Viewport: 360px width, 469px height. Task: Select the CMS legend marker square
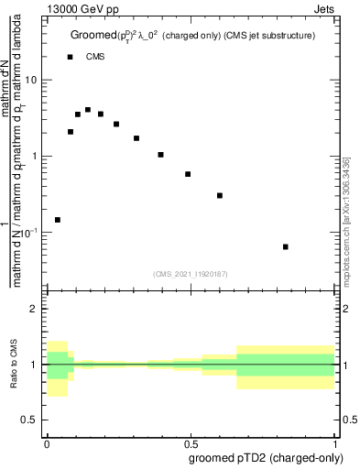[x=70, y=57]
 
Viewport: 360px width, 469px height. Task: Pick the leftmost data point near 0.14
[x=58, y=220]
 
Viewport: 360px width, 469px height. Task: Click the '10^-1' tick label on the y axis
[x=30, y=232]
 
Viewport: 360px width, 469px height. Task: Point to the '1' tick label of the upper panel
[x=37, y=156]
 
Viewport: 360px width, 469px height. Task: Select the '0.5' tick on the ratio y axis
[x=32, y=420]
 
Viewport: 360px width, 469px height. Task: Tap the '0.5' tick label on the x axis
[x=191, y=443]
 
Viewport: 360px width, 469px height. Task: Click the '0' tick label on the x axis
[x=47, y=443]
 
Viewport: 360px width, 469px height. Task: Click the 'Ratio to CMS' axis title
[x=14, y=365]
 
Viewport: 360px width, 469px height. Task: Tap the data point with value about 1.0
[x=160, y=155]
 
